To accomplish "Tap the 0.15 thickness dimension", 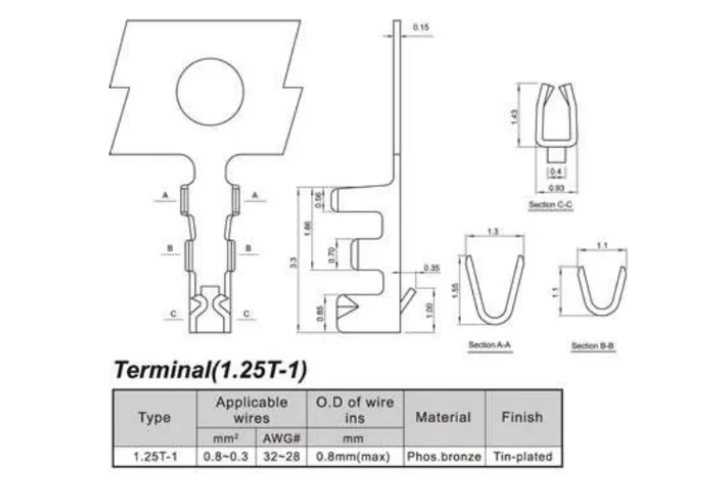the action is (x=420, y=28).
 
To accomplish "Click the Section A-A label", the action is (x=488, y=346).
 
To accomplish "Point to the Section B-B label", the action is (x=593, y=346).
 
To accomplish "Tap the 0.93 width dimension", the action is (x=554, y=189).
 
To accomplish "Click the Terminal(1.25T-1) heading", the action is (x=210, y=369).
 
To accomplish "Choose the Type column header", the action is (x=154, y=418).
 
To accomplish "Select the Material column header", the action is (x=442, y=417).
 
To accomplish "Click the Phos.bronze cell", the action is (x=444, y=457).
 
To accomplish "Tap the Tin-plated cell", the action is (x=522, y=457).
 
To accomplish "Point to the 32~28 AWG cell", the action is (x=279, y=457).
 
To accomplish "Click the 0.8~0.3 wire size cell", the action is (x=225, y=457).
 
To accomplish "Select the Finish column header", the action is (x=522, y=417).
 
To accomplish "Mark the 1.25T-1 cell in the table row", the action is (x=154, y=457).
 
